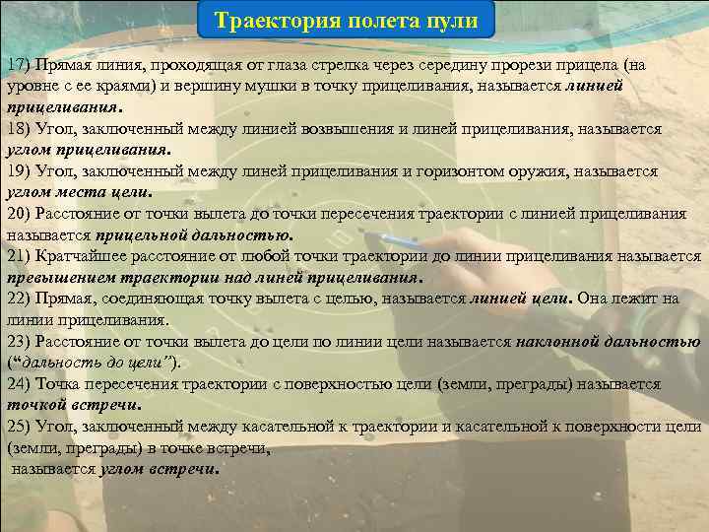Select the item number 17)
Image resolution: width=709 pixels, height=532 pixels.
(20, 64)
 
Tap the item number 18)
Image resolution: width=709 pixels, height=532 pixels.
(20, 128)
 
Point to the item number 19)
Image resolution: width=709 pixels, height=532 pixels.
(20, 170)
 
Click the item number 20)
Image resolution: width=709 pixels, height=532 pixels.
(20, 214)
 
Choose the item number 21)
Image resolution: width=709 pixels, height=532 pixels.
(20, 256)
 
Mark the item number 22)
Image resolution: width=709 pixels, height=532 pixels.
(20, 299)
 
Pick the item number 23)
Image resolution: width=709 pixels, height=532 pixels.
(20, 341)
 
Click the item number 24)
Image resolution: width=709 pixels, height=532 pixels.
(20, 384)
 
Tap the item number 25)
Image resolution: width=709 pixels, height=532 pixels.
(20, 427)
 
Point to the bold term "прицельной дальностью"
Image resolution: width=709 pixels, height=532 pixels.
(193, 235)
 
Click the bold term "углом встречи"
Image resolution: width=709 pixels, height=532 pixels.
(158, 469)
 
